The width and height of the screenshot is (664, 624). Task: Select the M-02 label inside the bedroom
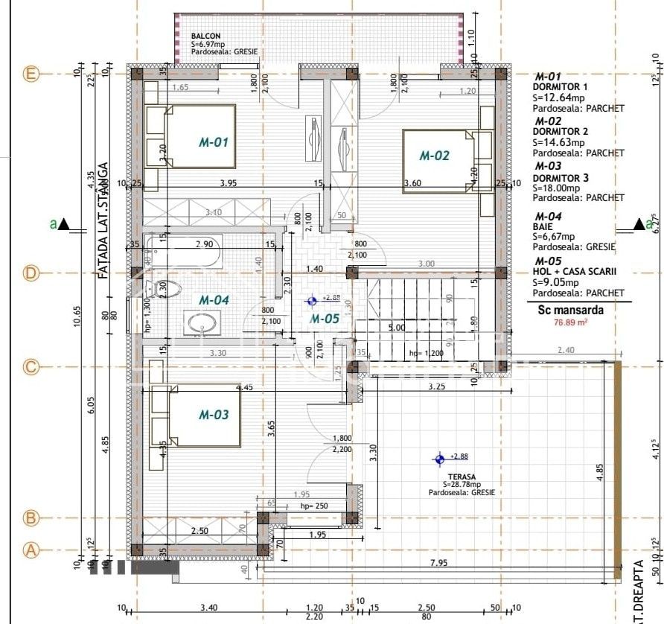(435, 156)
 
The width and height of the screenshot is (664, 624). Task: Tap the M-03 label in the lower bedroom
(213, 416)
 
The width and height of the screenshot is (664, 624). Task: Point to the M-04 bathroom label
(214, 299)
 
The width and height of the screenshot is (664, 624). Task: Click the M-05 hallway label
(325, 319)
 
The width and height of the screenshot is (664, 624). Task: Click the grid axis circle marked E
(31, 74)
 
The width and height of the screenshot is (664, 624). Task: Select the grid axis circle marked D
(31, 273)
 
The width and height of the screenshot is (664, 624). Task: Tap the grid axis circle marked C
(31, 366)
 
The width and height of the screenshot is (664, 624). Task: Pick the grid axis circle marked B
(31, 517)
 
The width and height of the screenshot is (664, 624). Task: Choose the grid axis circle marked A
(31, 550)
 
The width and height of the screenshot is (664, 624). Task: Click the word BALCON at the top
(205, 36)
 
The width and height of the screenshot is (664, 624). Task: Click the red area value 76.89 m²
(569, 322)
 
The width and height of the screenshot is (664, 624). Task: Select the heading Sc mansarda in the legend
(570, 311)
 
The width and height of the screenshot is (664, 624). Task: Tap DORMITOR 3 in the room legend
(561, 178)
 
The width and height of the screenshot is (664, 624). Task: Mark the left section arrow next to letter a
(65, 223)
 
